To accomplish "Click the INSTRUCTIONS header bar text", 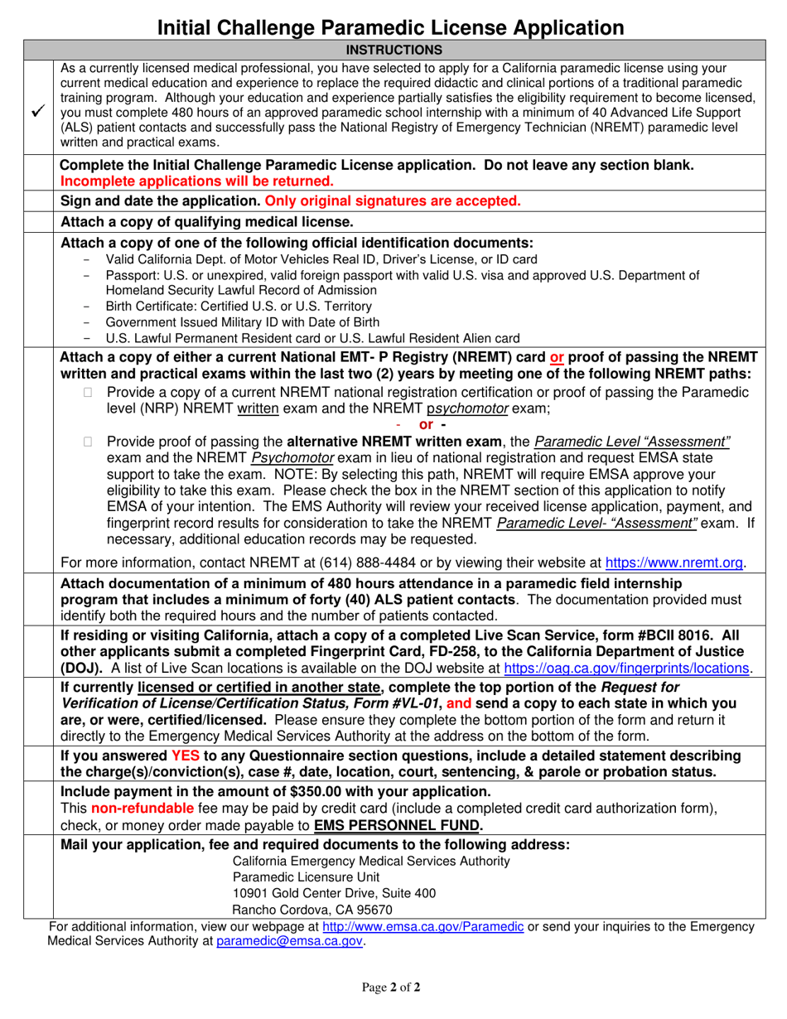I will [x=393, y=50].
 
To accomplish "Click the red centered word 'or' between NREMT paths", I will [x=427, y=425].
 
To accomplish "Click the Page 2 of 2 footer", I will [x=393, y=987].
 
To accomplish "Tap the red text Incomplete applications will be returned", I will [x=197, y=181].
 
